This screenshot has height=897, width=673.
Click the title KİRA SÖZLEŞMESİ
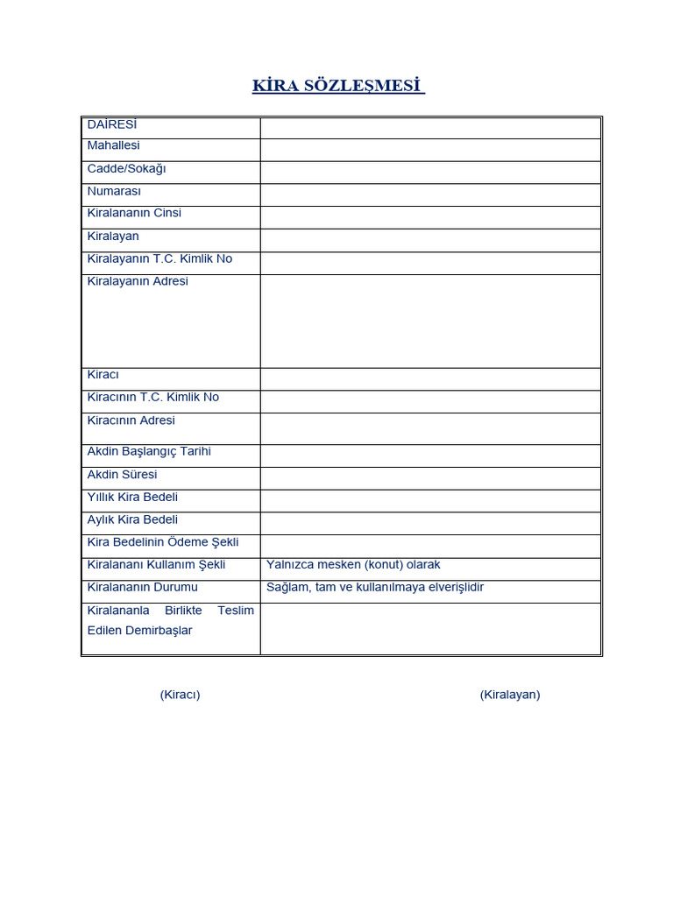click(338, 86)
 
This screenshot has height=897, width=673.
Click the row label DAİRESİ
click(112, 124)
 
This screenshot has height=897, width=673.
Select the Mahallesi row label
click(114, 145)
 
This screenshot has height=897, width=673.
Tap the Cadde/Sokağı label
click(126, 168)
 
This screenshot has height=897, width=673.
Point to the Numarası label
click(114, 191)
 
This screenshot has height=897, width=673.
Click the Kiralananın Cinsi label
click(134, 213)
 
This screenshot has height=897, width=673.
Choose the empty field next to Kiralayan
click(430, 240)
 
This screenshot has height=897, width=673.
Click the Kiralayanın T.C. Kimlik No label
click(159, 258)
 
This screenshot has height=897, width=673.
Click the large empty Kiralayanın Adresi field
click(430, 321)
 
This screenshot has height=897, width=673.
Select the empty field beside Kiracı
click(430, 378)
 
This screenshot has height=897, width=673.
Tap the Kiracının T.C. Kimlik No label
click(153, 397)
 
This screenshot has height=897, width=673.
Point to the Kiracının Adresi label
click(131, 420)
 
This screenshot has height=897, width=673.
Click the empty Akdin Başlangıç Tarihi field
click(430, 456)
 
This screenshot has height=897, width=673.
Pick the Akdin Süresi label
click(123, 474)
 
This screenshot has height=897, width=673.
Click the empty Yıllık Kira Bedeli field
click(430, 500)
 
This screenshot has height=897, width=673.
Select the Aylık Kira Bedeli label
click(132, 519)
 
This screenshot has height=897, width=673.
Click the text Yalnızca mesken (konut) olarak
click(353, 565)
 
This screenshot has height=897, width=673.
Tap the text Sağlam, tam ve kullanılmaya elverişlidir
click(375, 587)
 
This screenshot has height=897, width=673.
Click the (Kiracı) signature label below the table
click(180, 695)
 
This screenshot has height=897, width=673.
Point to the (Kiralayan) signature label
click(510, 695)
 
